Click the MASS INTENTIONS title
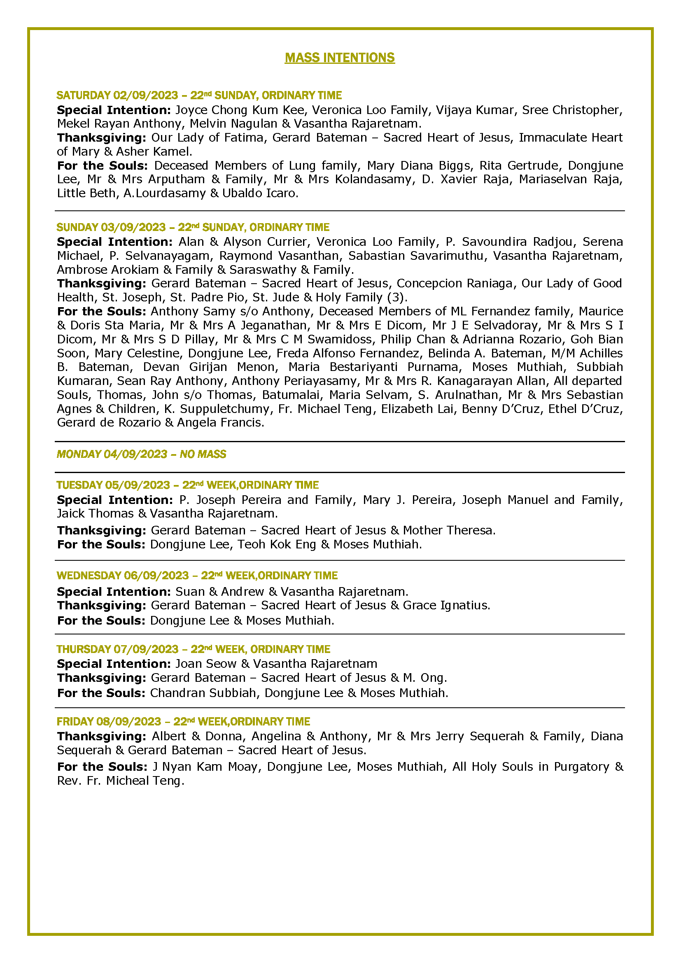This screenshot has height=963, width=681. pyautogui.click(x=340, y=58)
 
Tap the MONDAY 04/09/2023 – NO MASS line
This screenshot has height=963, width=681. pyautogui.click(x=141, y=454)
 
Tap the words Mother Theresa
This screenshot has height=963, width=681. pyautogui.click(x=448, y=530)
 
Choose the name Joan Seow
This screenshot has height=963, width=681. pyautogui.click(x=205, y=664)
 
